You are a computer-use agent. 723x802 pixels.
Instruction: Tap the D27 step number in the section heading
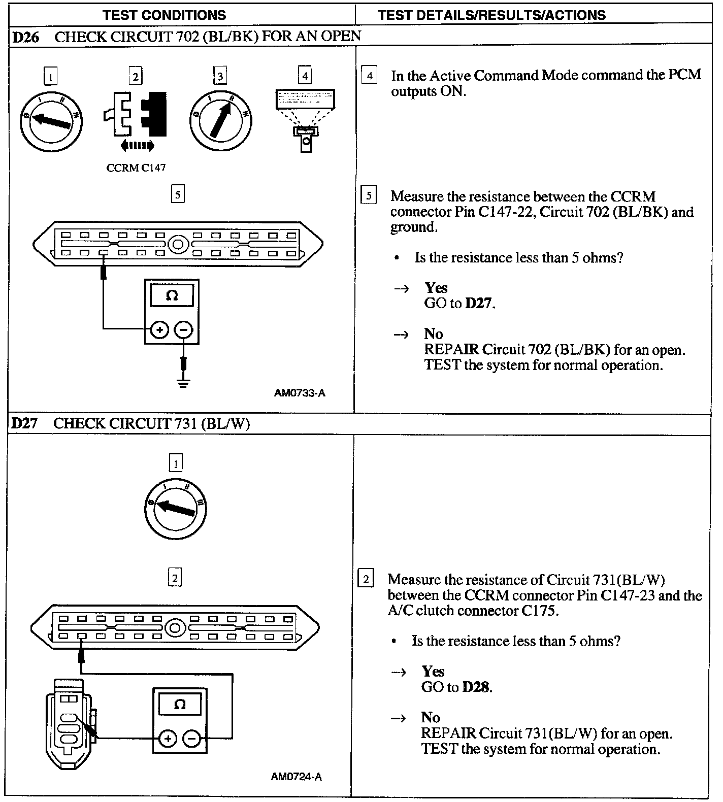pos(24,423)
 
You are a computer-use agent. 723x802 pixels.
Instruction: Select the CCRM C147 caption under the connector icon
pos(136,168)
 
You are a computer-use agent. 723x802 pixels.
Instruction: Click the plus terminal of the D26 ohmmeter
pos(159,330)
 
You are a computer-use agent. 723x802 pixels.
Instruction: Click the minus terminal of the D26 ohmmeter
pos(183,330)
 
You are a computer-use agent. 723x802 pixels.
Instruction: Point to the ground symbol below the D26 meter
pos(183,382)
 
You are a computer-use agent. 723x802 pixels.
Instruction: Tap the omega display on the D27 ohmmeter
pos(180,705)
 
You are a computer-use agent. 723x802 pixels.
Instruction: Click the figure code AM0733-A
pos(300,393)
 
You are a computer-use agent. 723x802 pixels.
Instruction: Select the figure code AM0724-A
pos(297,777)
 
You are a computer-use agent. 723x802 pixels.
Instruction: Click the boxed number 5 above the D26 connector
pos(177,194)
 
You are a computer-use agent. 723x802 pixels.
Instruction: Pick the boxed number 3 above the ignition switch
pos(220,77)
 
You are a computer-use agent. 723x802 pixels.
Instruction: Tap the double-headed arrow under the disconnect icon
pos(137,146)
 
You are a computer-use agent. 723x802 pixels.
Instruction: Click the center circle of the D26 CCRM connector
pos(178,244)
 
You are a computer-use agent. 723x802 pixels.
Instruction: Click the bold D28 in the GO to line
pos(476,687)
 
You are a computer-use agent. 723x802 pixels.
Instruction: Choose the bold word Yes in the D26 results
pos(436,288)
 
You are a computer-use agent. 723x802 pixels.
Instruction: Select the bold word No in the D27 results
pos(431,717)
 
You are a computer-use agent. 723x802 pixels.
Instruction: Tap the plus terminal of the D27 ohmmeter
pos(168,739)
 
